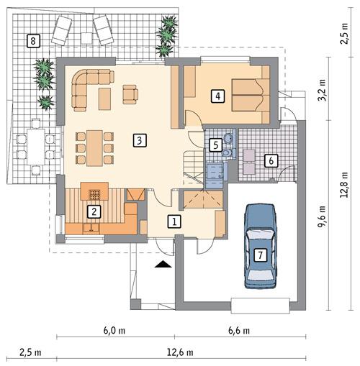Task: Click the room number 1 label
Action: point(174,221)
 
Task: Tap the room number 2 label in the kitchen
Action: point(92,211)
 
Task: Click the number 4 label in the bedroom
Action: point(217,94)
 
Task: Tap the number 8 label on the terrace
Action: point(32,40)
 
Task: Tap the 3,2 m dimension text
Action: point(323,93)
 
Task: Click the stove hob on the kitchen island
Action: point(95,192)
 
